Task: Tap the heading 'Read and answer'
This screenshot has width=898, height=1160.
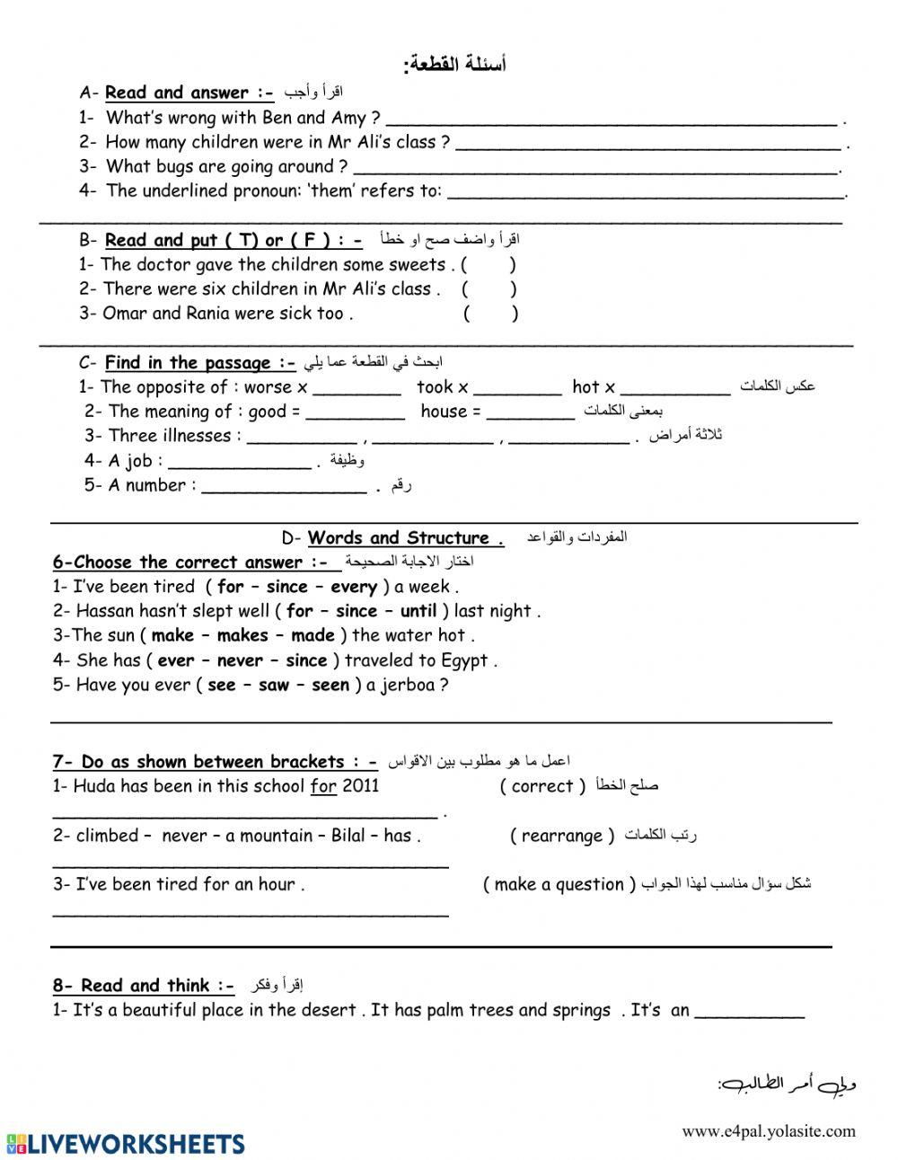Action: pyautogui.click(x=176, y=93)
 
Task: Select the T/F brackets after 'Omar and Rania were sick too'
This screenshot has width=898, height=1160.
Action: pyautogui.click(x=490, y=314)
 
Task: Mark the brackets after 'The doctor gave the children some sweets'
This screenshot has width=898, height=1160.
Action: pyautogui.click(x=489, y=265)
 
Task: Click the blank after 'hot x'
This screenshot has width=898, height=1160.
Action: pyautogui.click(x=674, y=388)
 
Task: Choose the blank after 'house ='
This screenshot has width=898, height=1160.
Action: pyautogui.click(x=530, y=412)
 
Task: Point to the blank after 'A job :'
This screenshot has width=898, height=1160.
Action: pyautogui.click(x=239, y=462)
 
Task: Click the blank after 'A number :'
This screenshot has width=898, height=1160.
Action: pyautogui.click(x=284, y=486)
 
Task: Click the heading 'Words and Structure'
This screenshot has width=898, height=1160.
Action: pyautogui.click(x=399, y=538)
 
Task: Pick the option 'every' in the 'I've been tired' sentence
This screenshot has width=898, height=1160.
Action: pyautogui.click(x=354, y=588)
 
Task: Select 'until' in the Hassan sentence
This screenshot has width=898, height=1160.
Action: pyautogui.click(x=418, y=612)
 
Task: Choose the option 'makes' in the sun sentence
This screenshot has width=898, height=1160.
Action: pyautogui.click(x=242, y=636)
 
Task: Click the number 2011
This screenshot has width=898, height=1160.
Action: pyautogui.click(x=360, y=786)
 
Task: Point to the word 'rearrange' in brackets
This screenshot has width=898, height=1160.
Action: pyautogui.click(x=562, y=837)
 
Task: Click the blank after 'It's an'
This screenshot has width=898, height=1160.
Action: pyautogui.click(x=750, y=1012)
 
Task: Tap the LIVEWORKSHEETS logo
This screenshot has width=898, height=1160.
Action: pyautogui.click(x=125, y=1144)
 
